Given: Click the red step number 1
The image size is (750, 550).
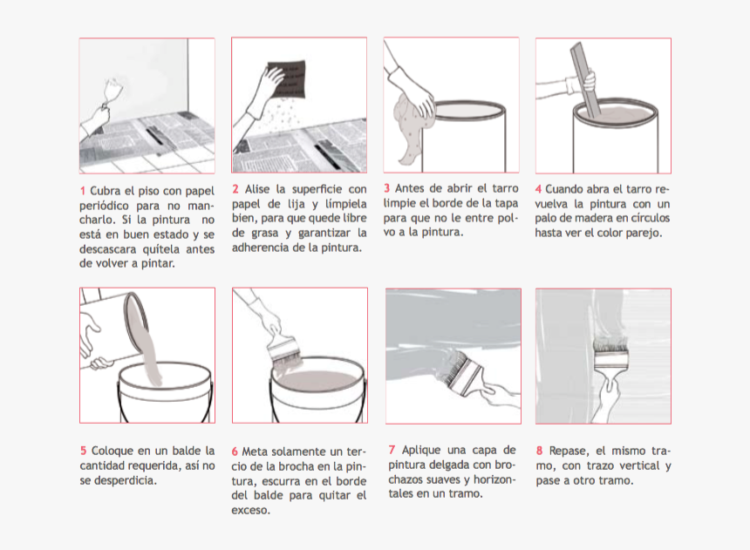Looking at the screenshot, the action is click(82, 191).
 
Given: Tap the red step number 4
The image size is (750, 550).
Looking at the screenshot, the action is click(538, 189).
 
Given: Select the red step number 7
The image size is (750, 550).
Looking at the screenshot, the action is click(392, 450).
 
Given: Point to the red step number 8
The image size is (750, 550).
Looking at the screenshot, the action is click(539, 451).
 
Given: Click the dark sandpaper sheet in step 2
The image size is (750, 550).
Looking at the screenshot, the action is click(287, 79).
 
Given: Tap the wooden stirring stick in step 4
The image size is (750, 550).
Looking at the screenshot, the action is click(585, 79).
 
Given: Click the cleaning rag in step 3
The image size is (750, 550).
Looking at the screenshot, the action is click(412, 126).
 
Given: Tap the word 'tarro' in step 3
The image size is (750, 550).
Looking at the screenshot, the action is click(505, 188).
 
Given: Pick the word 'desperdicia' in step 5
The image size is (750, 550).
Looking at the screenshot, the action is click(124, 480).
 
